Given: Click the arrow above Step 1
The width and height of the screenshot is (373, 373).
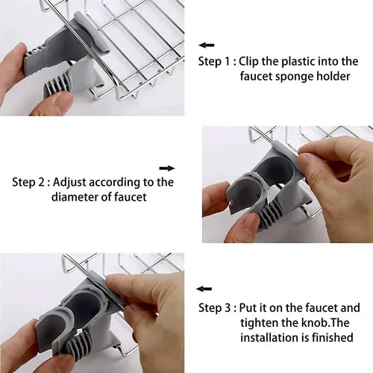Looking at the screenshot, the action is [x=207, y=46].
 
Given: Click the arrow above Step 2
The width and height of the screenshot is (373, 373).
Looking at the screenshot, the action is [x=167, y=169].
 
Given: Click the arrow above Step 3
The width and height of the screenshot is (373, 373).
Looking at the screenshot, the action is [x=204, y=289].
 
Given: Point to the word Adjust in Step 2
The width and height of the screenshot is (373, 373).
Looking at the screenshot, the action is [x=69, y=183].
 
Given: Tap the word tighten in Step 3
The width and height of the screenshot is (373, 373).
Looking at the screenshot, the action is [x=260, y=323].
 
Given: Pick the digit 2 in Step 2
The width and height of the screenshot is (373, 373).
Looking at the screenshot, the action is [x=41, y=183].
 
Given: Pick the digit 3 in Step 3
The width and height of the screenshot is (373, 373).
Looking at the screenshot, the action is [x=228, y=308].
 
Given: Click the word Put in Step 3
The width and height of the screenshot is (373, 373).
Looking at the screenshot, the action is [x=248, y=308].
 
